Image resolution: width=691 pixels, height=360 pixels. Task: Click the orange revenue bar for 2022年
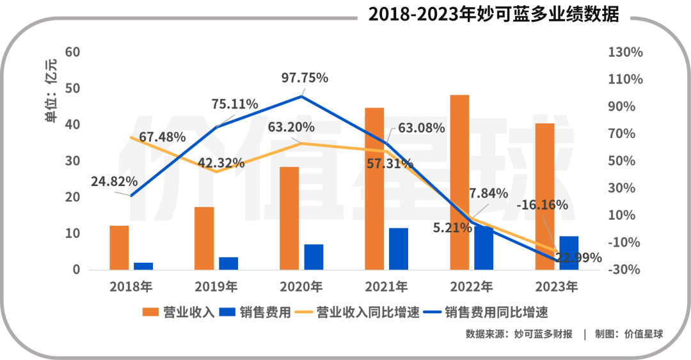coord(459,182)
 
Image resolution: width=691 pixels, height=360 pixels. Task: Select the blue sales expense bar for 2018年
coord(143,266)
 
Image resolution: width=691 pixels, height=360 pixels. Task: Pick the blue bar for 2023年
coord(569,253)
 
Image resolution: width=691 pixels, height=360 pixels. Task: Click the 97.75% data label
coord(305,78)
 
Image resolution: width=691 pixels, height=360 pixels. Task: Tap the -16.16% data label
coord(544,205)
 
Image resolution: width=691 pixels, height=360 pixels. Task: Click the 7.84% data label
coord(488,193)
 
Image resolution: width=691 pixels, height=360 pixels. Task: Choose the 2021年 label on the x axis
coord(386,286)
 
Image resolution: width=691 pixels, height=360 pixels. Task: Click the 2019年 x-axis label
coord(216,286)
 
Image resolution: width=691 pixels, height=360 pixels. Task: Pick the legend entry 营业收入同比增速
coord(359,313)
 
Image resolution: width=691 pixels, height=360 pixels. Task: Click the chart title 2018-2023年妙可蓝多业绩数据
coord(493,15)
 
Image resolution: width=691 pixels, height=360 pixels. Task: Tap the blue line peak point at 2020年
coord(301,97)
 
